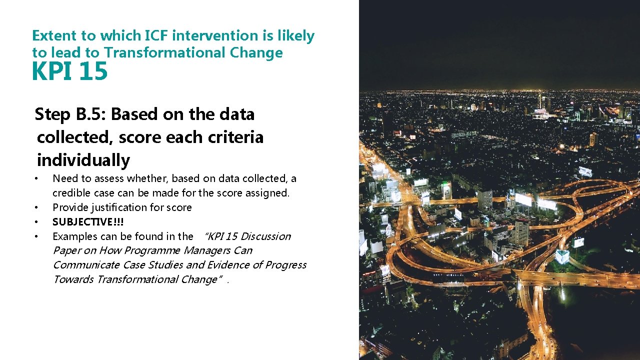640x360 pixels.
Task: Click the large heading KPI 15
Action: tap(69, 71)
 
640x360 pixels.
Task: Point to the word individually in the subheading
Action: tap(83, 160)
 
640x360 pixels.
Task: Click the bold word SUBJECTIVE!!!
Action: tap(88, 221)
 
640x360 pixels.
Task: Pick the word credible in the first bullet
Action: tap(70, 193)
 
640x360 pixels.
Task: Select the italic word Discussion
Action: tap(265, 236)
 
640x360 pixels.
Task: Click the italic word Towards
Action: tap(73, 279)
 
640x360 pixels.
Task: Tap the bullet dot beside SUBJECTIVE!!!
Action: tap(36, 221)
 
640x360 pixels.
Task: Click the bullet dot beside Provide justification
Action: tap(36, 207)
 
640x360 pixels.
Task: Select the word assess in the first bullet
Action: tap(109, 178)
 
